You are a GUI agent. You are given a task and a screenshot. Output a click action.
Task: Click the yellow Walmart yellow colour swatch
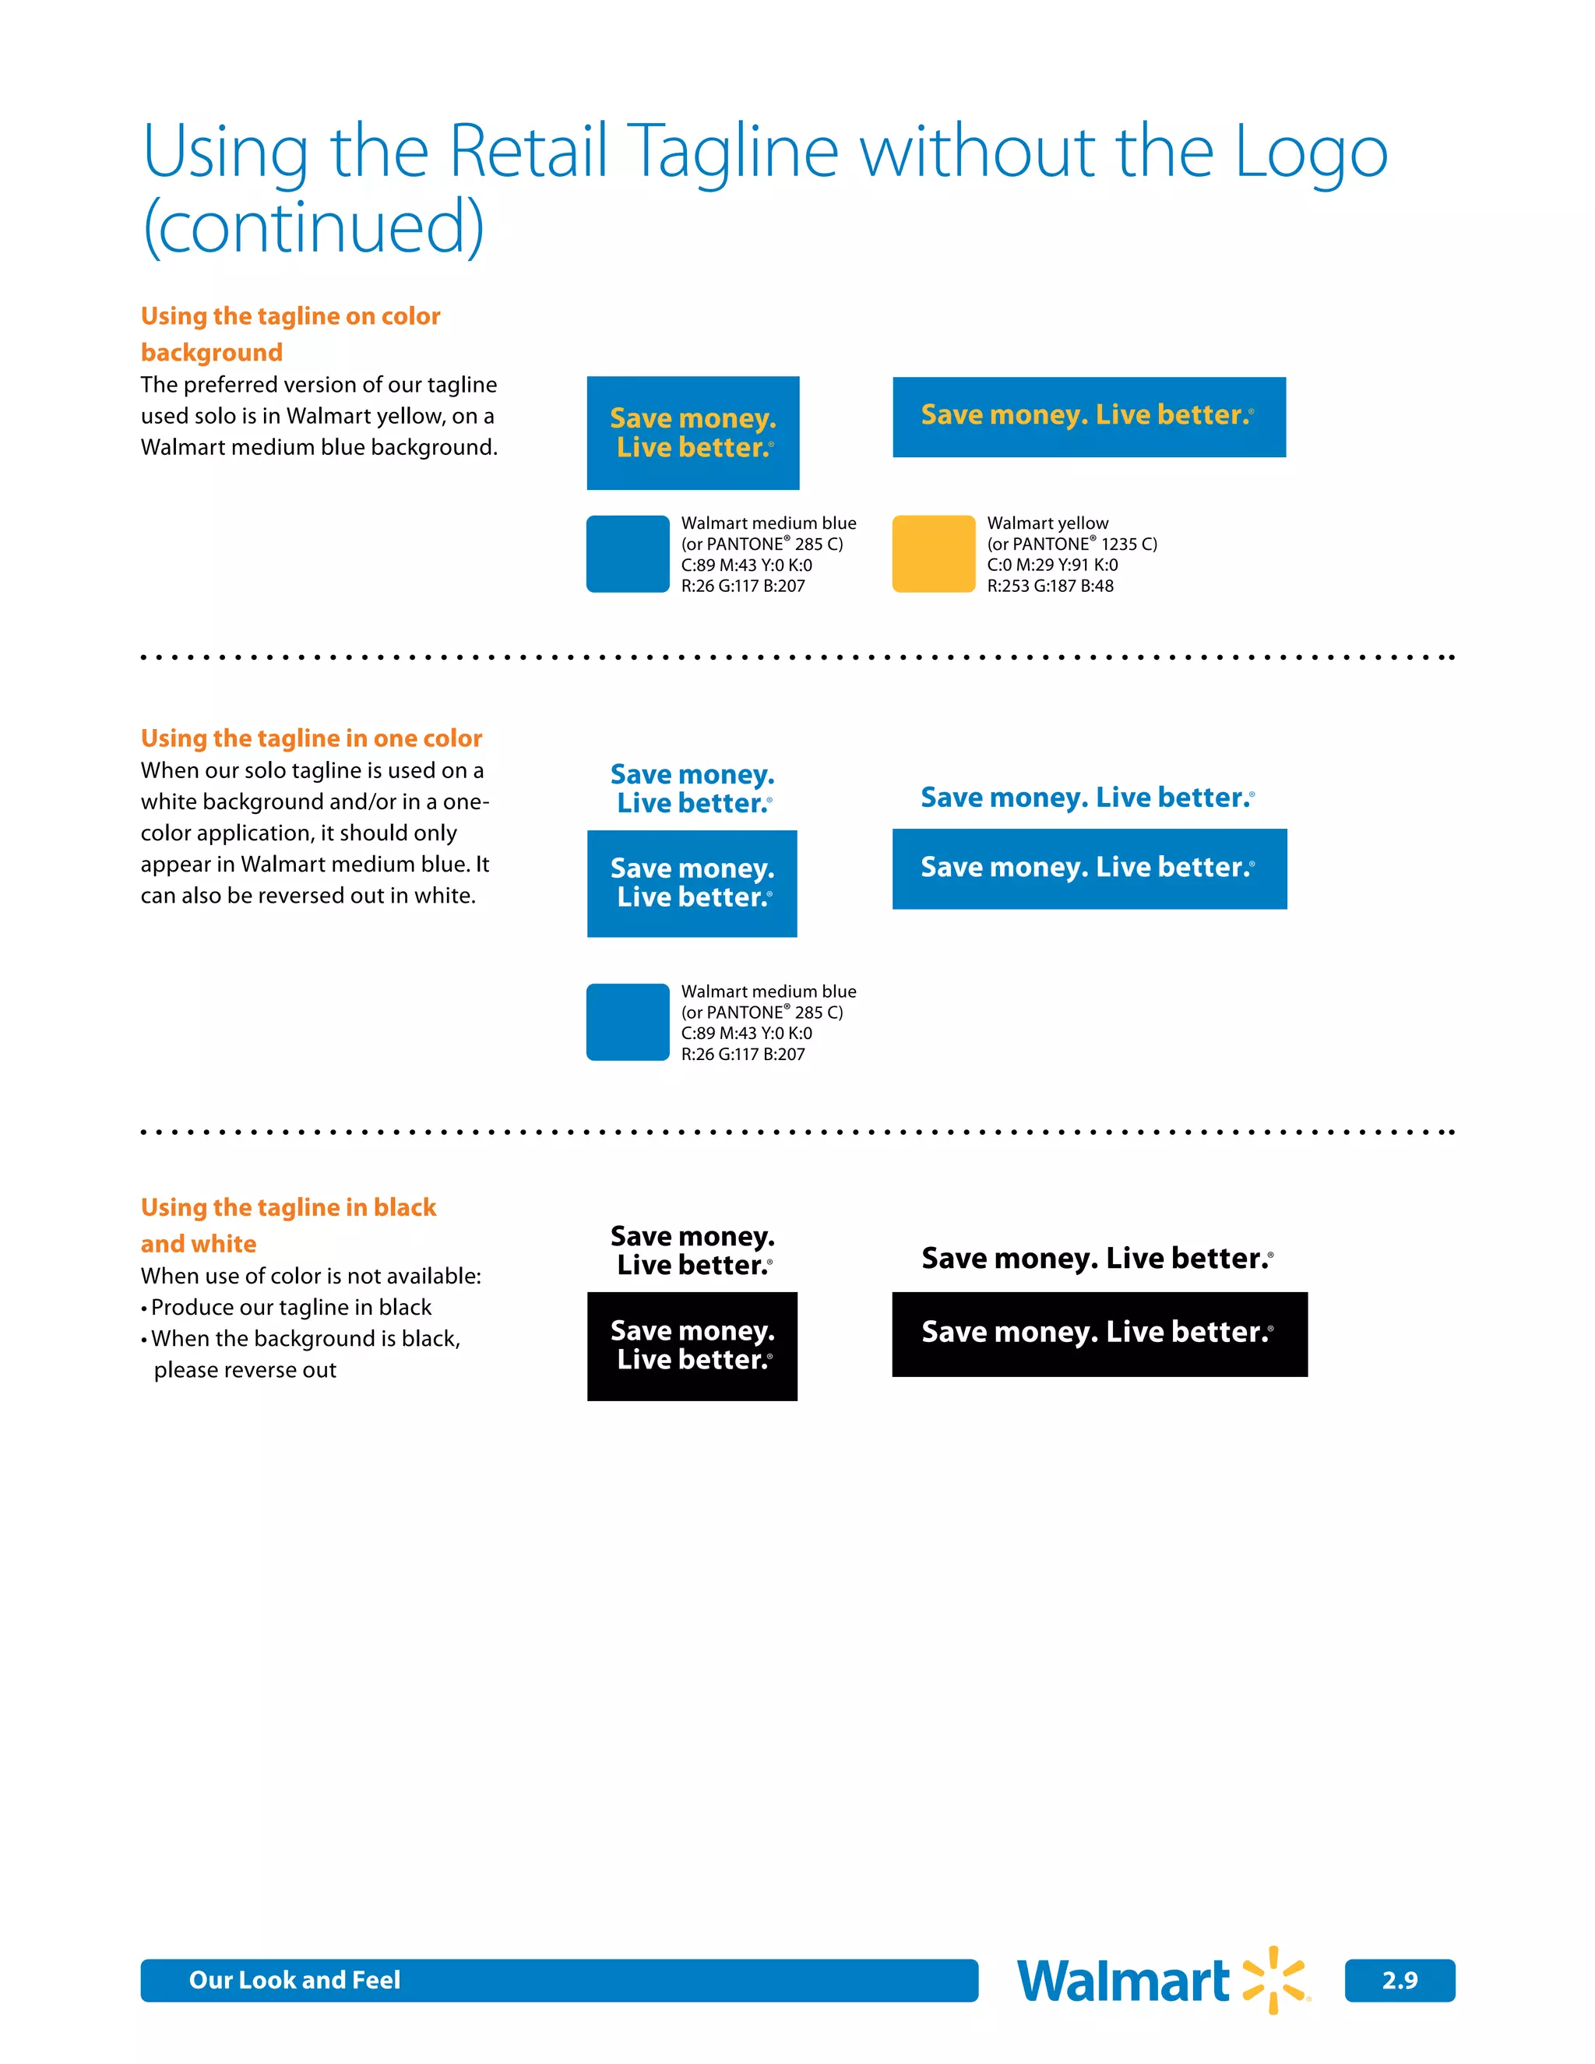point(932,554)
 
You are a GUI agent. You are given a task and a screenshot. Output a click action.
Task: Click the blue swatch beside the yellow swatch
point(628,554)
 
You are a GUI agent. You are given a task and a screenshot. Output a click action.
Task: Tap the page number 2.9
point(1399,1980)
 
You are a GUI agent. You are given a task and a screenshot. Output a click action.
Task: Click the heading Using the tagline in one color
point(311,738)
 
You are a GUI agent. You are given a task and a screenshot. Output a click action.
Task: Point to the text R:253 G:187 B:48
point(1050,586)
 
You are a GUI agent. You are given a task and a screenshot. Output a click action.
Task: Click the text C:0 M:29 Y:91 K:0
point(1051,565)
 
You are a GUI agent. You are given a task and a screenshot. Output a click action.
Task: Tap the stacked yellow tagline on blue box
point(692,433)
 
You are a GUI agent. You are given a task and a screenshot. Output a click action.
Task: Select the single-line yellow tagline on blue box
point(1089,417)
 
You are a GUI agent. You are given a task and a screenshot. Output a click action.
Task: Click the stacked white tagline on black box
point(692,1346)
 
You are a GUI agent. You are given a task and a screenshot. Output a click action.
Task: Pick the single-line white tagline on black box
point(1099,1333)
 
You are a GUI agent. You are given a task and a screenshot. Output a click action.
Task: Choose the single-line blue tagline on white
point(1087,798)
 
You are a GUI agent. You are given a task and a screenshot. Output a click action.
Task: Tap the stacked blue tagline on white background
point(692,788)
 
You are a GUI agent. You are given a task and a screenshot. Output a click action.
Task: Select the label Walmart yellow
point(1047,523)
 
